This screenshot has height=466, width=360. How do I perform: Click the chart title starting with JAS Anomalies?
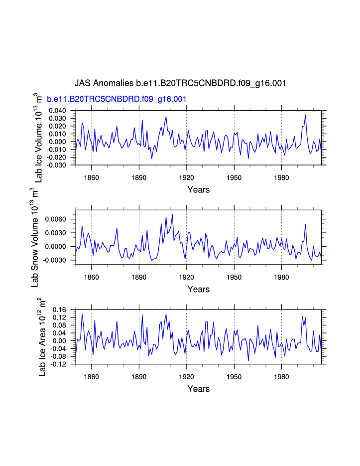click(180, 83)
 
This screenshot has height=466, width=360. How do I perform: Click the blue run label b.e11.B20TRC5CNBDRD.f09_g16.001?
click(117, 99)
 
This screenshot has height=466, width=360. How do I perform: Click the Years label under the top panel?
click(198, 190)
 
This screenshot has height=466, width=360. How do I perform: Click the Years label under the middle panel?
click(198, 289)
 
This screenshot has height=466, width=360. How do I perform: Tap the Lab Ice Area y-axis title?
click(43, 337)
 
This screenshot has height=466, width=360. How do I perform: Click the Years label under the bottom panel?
click(198, 389)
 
